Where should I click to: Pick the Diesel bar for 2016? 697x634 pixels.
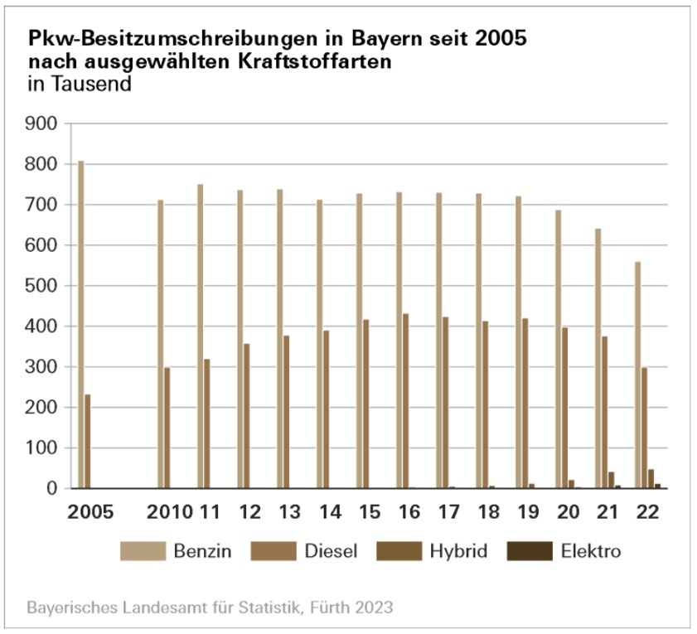[x=406, y=401]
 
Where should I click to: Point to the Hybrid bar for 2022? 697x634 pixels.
[x=651, y=479]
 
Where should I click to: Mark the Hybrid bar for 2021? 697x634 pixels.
[x=612, y=481]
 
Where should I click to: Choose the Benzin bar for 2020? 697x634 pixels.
[x=559, y=349]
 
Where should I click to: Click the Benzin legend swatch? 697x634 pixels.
[x=143, y=550]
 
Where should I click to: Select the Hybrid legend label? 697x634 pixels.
[x=458, y=550]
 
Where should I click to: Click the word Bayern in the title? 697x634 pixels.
[x=337, y=39]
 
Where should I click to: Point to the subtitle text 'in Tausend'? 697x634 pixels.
[x=80, y=85]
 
